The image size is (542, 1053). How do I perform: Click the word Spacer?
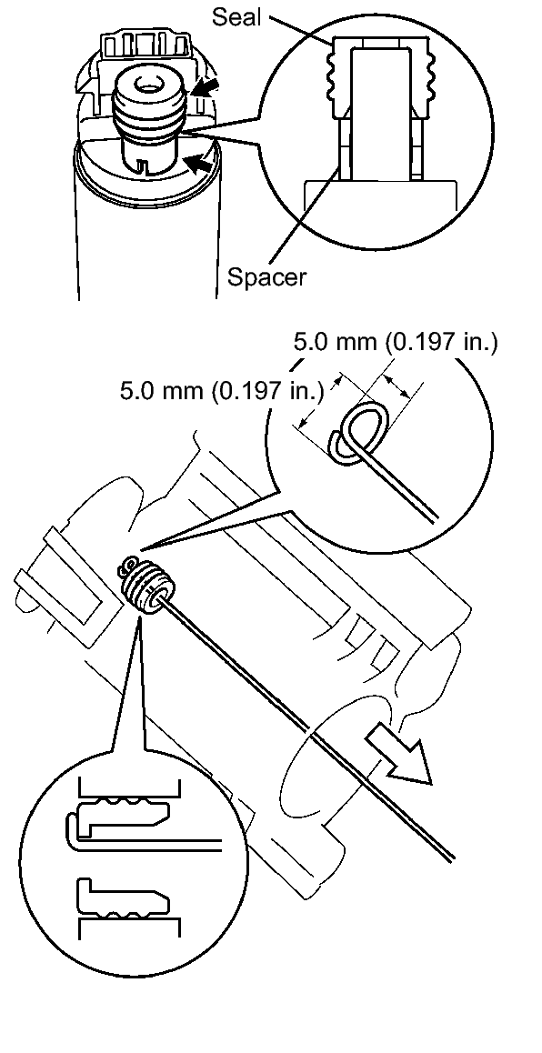point(266,276)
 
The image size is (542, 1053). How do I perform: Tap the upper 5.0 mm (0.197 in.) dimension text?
point(396,343)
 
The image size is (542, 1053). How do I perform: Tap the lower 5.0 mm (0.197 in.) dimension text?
point(222,390)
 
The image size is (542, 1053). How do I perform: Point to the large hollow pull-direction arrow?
point(397,757)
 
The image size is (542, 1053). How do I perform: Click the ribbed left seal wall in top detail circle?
point(337,78)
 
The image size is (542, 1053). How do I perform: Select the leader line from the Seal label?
point(303,28)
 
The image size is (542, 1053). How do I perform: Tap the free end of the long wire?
point(454,857)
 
